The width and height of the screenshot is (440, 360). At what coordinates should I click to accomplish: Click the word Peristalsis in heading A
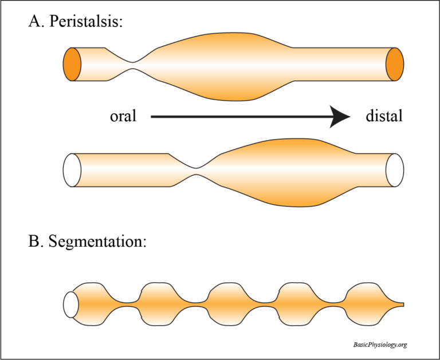92,23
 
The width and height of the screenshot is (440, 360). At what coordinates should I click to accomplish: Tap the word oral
123,116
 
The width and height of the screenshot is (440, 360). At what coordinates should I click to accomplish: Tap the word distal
384,116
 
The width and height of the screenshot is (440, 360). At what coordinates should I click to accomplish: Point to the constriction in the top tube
133,65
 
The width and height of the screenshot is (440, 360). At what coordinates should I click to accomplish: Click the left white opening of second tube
72,170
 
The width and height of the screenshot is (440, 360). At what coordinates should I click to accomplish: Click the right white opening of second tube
395,170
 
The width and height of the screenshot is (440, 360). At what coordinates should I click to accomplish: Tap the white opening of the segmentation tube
71,304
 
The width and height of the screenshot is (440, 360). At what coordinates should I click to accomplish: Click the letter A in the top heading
34,23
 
